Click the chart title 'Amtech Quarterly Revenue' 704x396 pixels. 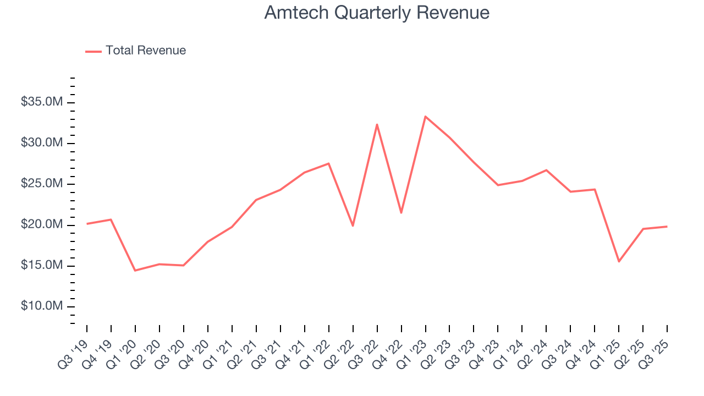377,13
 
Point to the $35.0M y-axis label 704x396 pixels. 42,102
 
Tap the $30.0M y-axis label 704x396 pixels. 42,143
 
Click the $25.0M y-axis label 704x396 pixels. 42,184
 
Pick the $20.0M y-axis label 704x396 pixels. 42,225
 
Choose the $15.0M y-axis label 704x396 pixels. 42,266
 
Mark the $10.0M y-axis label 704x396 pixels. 42,306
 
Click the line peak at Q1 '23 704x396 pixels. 425,117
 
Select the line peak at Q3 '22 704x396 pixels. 377,124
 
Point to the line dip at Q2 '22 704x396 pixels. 353,226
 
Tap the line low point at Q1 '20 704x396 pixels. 135,271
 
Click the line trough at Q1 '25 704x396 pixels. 619,261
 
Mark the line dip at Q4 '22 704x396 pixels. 401,213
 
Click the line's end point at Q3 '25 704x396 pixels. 667,227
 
